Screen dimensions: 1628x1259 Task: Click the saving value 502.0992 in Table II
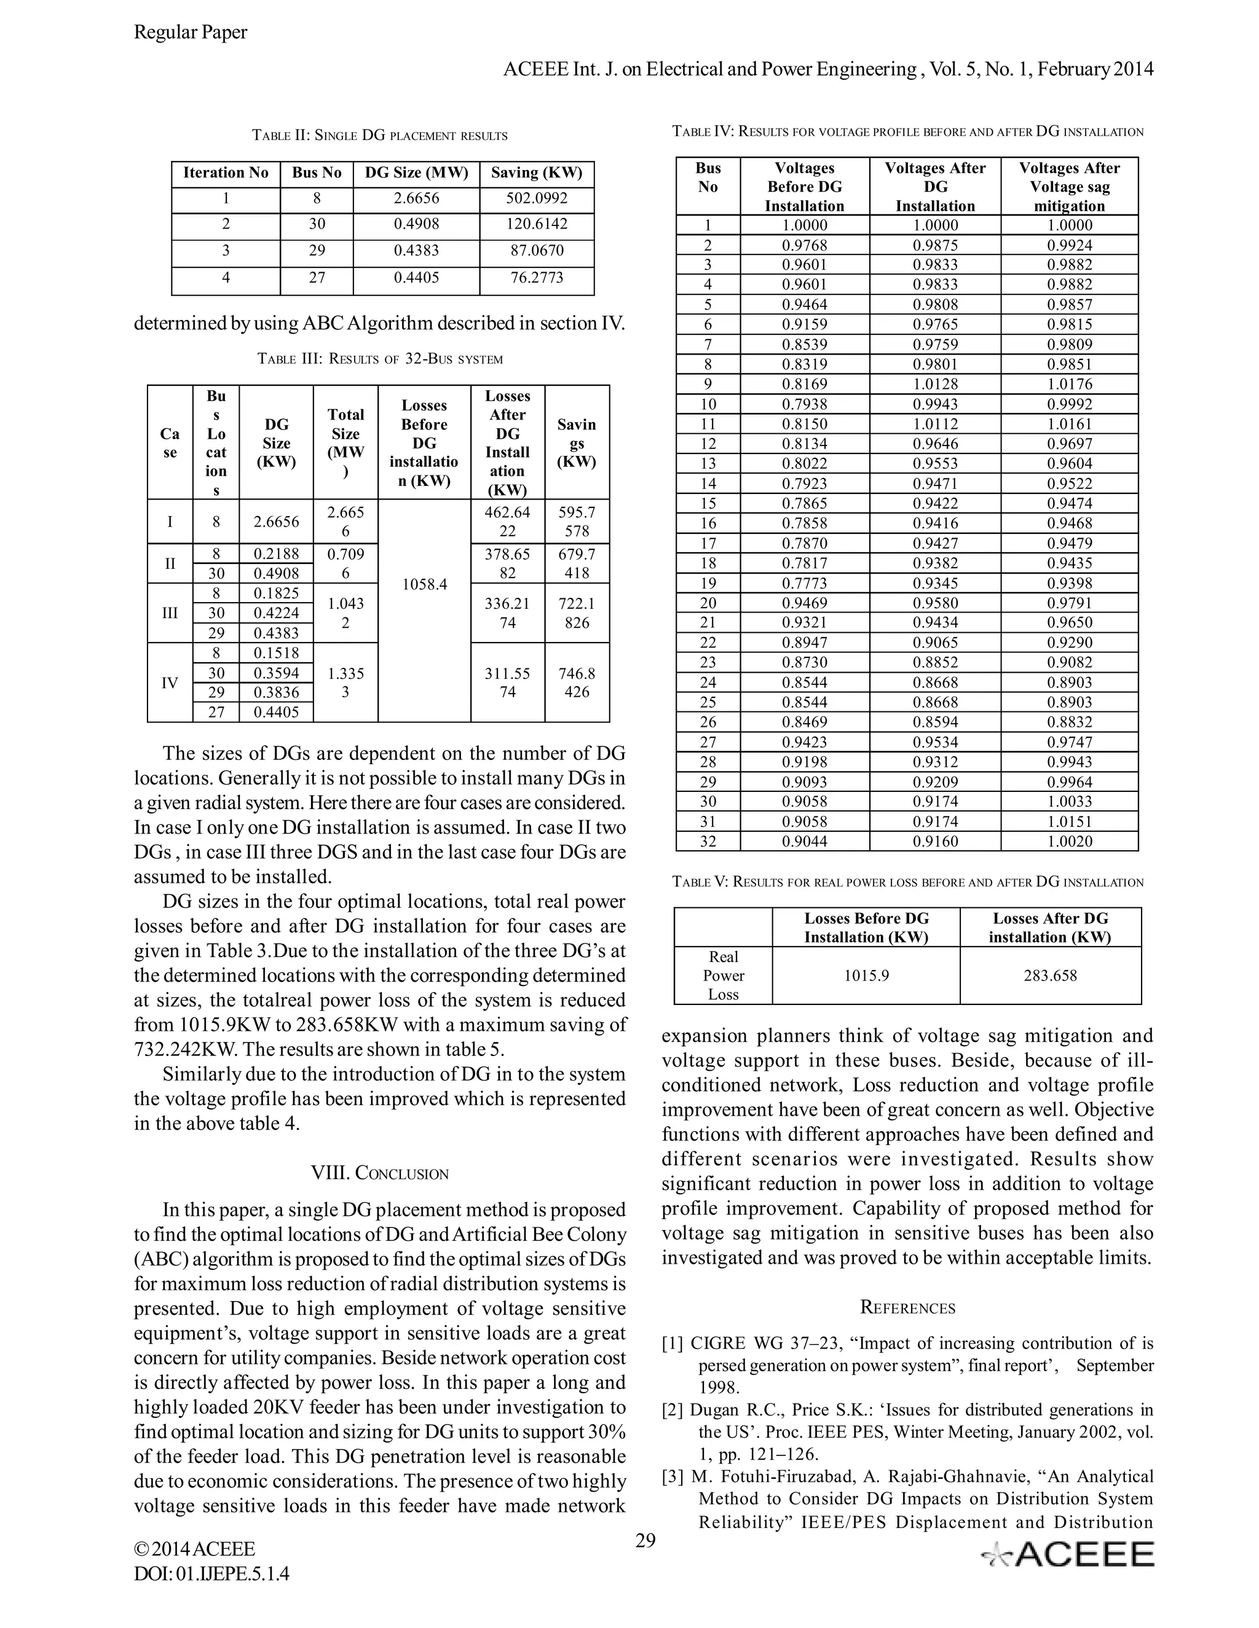point(536,199)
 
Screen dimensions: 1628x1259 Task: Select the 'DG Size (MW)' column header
point(416,173)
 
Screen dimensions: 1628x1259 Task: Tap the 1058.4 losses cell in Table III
point(424,584)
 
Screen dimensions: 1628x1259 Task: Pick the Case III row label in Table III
point(170,612)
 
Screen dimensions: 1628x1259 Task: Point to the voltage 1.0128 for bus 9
point(934,384)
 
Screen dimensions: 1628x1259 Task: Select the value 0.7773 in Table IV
point(804,583)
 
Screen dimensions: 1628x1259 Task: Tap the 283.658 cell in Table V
point(1049,975)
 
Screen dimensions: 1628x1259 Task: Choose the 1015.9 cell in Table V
point(866,975)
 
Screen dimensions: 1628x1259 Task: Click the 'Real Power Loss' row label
point(723,975)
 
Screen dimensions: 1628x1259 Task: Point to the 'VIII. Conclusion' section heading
point(380,1173)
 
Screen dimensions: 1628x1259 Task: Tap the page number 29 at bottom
point(645,1540)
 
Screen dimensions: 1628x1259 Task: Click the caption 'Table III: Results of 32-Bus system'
point(380,359)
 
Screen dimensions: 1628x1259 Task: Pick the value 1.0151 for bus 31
point(1069,821)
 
